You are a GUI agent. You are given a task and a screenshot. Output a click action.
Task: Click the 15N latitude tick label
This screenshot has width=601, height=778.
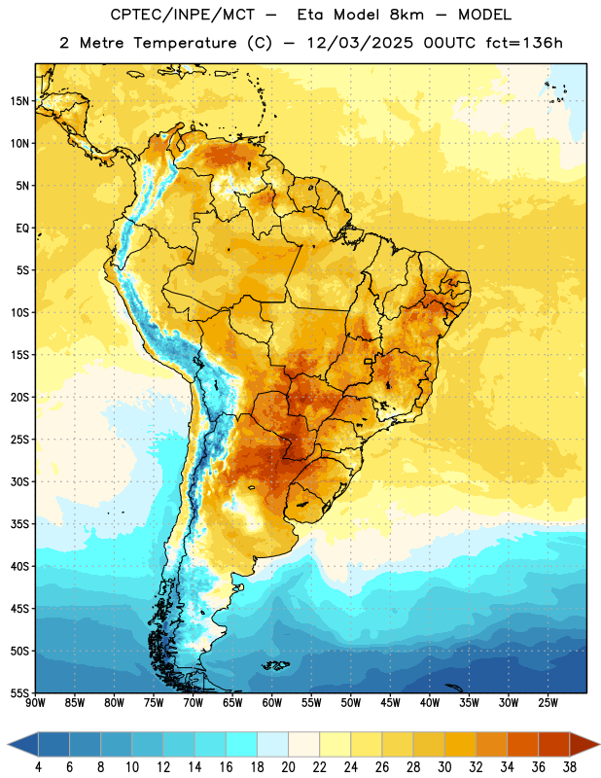19,101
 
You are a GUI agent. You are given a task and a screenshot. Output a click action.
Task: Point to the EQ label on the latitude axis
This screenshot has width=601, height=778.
22,229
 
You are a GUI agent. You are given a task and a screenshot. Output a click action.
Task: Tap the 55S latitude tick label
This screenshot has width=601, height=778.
19,692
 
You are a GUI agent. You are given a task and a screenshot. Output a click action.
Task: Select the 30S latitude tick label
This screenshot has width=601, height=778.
19,481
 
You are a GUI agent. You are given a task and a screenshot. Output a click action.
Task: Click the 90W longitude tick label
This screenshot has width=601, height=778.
36,703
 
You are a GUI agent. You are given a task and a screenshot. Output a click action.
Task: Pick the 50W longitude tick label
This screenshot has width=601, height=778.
351,703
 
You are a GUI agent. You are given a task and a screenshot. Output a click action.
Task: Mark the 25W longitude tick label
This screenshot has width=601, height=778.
548,703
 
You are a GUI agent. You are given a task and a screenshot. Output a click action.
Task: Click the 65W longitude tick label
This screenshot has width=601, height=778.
232,703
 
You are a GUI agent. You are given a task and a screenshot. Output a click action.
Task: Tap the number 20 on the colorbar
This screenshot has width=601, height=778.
288,767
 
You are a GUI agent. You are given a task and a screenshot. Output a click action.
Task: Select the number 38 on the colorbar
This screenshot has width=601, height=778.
570,767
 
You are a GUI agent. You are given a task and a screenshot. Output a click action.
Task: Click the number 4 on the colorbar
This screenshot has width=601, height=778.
38,767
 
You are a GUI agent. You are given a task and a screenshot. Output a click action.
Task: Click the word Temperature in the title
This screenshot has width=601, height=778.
185,43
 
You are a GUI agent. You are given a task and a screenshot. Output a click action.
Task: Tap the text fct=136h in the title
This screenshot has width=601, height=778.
524,43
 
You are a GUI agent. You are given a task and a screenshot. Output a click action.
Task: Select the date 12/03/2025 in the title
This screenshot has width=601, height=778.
360,43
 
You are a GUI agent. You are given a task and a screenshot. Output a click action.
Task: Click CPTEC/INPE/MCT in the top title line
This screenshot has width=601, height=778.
183,15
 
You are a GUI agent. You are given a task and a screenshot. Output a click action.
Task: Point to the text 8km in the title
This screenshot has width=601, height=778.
407,15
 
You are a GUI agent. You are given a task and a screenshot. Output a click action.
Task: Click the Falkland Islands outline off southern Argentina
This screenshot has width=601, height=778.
276,665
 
